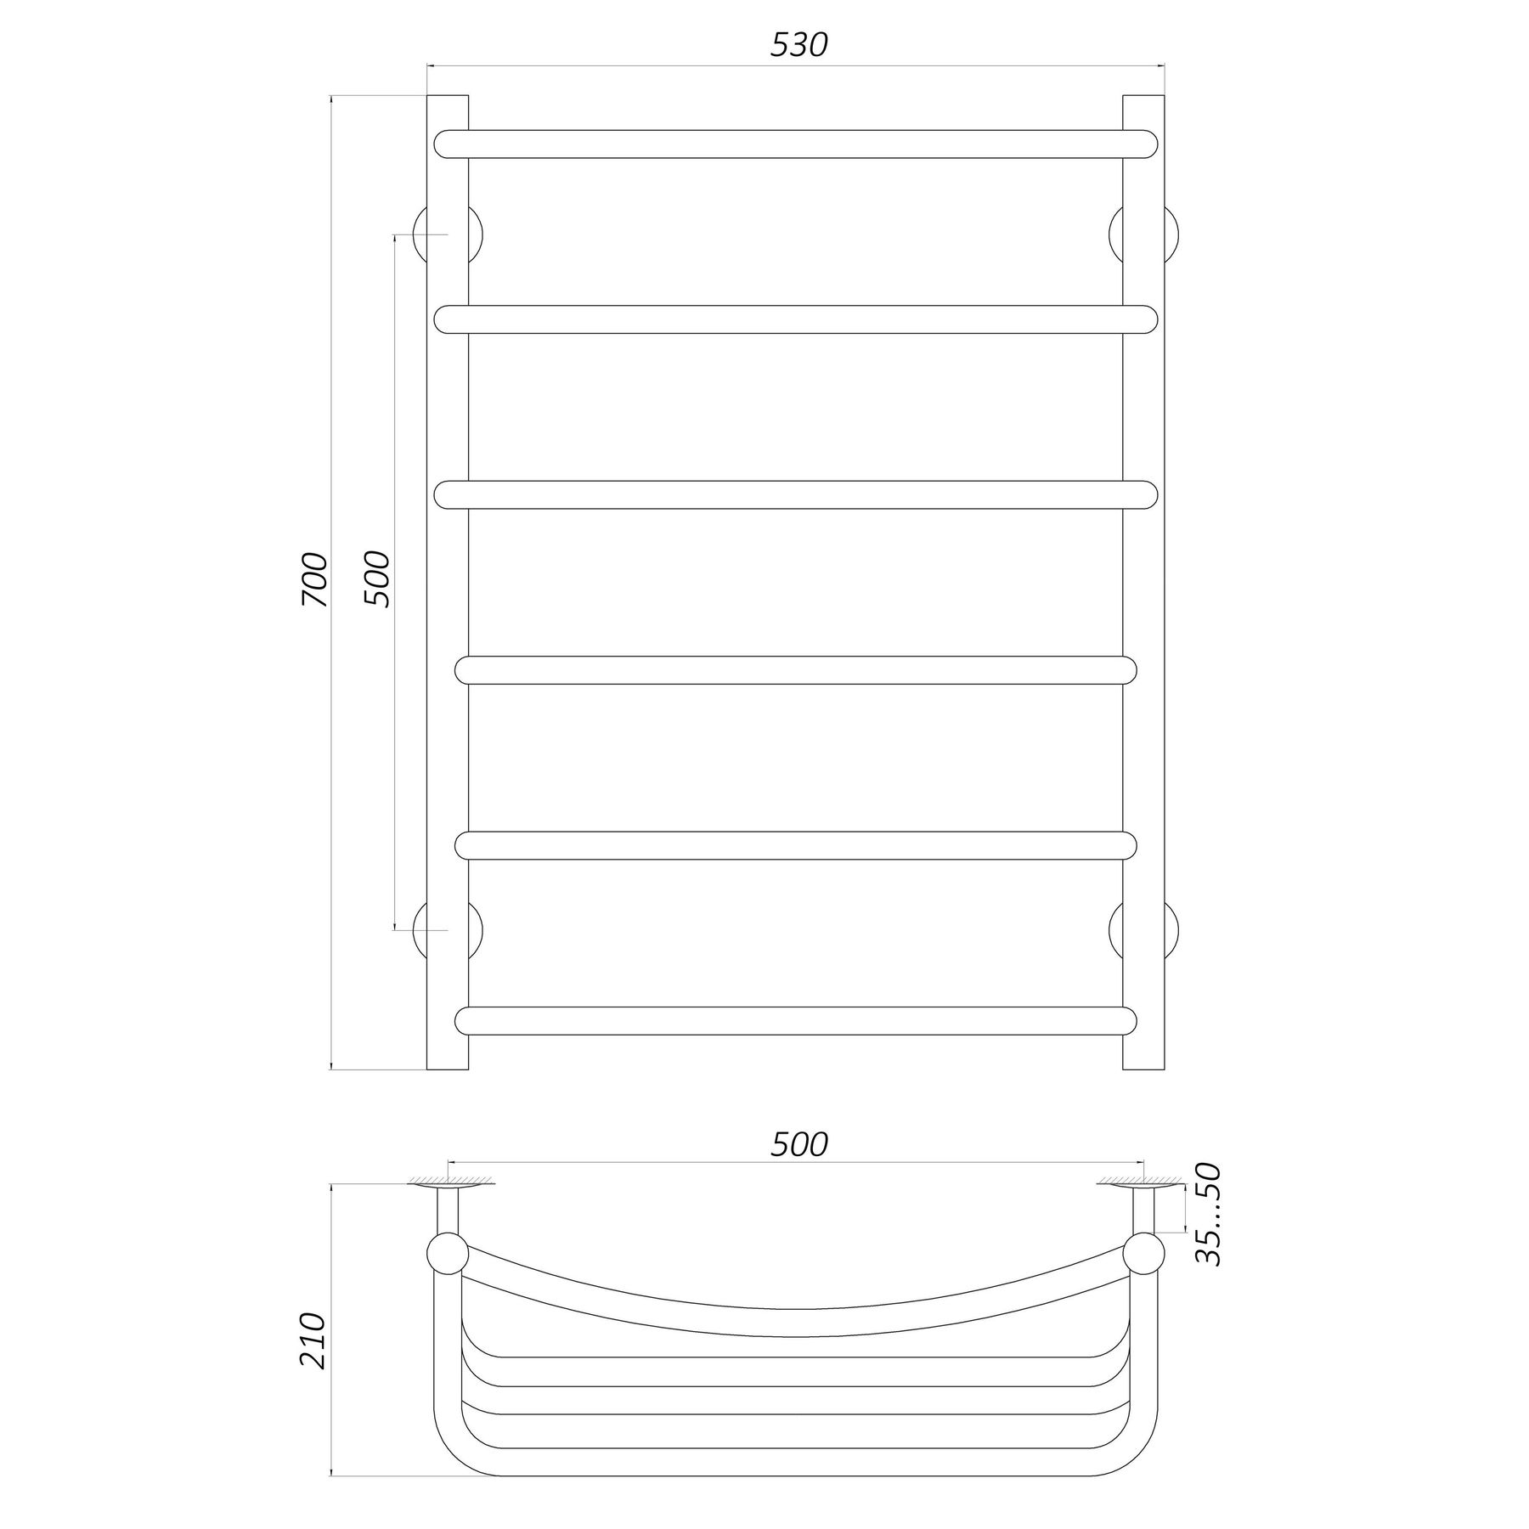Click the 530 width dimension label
[798, 45]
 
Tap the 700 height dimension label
[313, 579]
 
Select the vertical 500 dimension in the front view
[376, 578]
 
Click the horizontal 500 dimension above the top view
[798, 1144]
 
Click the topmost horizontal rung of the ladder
[796, 144]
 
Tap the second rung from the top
[796, 319]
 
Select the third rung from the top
[796, 494]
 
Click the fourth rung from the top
[796, 670]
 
